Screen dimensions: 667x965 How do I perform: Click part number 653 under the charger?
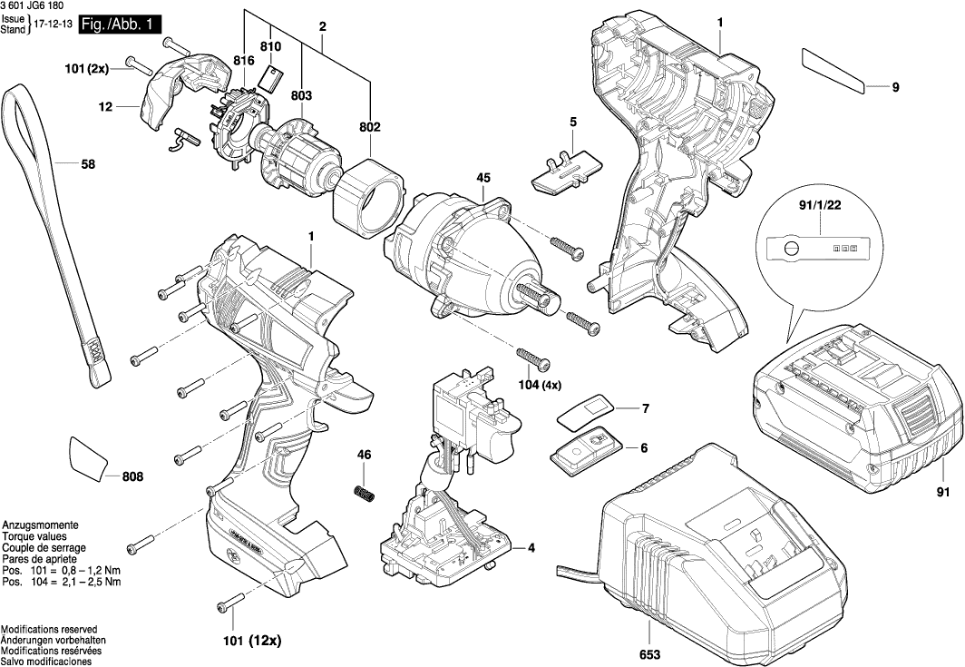(649, 654)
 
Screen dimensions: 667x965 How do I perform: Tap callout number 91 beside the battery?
(943, 493)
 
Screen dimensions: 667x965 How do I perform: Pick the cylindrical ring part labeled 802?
(368, 197)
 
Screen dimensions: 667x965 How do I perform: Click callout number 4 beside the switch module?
(531, 547)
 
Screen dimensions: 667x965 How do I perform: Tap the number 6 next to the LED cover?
(643, 447)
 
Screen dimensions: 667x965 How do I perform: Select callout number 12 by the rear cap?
(105, 106)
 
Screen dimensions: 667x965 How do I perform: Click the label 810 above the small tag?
(270, 46)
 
